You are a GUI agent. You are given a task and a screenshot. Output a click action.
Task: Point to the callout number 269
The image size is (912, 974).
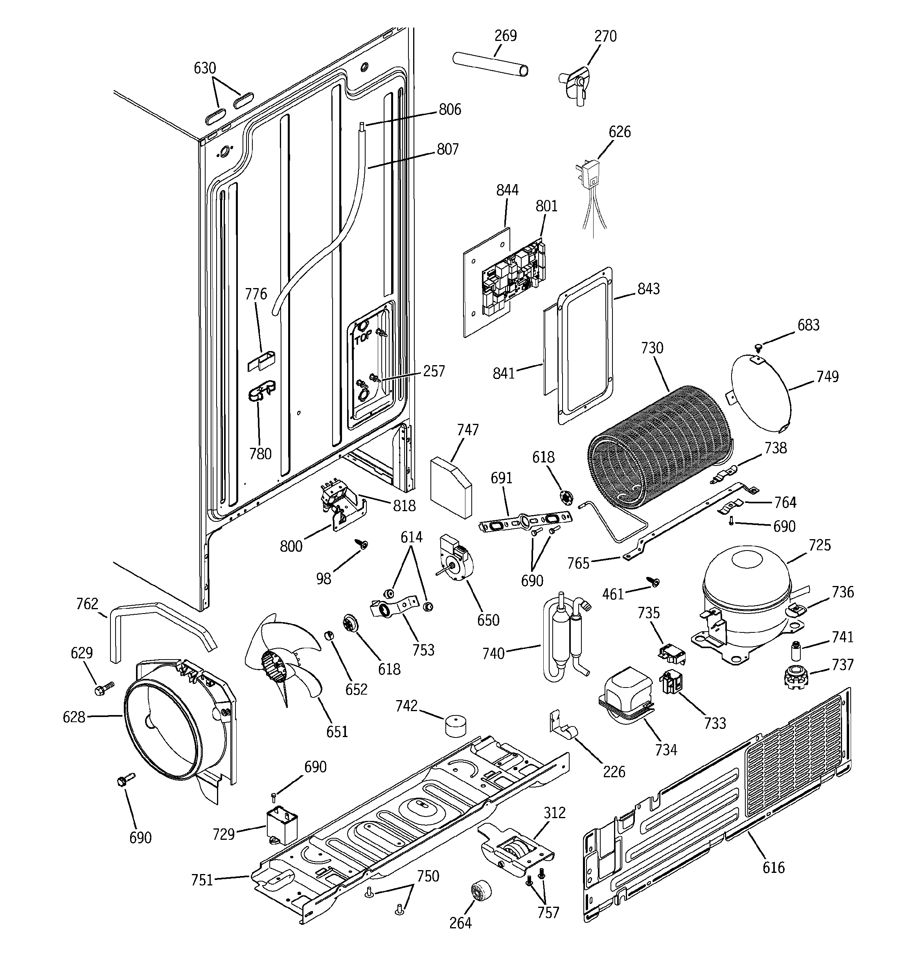[505, 36]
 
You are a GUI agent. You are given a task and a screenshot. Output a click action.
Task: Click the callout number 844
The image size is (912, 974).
[507, 190]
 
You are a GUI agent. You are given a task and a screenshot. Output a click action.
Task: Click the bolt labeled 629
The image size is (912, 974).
[104, 688]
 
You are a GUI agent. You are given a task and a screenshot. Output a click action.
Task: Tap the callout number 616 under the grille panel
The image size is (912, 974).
[774, 867]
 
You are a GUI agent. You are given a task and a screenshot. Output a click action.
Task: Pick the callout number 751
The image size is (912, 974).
[202, 880]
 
